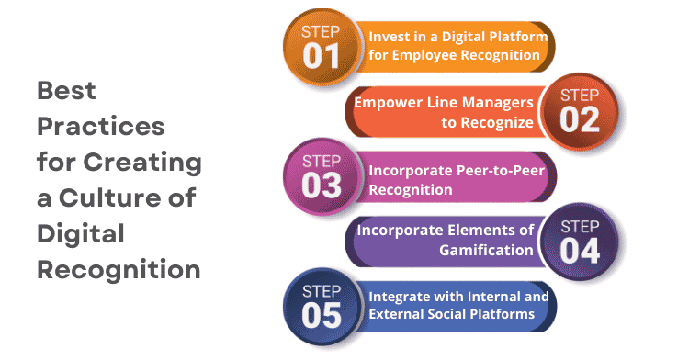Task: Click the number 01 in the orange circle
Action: [322, 55]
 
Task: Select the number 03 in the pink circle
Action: [322, 185]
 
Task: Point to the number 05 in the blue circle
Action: [322, 314]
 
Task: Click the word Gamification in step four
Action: [487, 249]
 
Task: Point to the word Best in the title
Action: [66, 92]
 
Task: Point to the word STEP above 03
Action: [322, 162]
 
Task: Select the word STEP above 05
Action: [322, 291]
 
